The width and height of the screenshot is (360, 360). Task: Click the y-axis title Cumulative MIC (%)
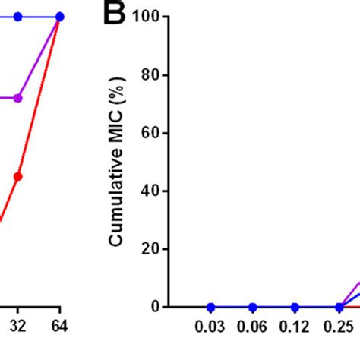[115, 162]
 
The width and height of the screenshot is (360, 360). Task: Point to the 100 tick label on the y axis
[150, 17]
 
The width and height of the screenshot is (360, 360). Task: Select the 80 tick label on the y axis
[154, 75]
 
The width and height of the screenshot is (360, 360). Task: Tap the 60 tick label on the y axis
[154, 133]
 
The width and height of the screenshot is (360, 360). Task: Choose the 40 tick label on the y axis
[154, 191]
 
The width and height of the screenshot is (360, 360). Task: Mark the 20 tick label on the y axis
[154, 249]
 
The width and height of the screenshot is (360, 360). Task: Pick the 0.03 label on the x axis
[210, 332]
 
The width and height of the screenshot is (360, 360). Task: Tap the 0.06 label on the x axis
[253, 332]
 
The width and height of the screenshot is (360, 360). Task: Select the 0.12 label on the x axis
[295, 332]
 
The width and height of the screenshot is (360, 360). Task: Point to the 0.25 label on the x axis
[338, 332]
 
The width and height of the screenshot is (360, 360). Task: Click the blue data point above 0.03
[210, 307]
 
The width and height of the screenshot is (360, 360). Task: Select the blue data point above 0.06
[253, 307]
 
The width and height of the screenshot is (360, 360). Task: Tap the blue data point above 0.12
[295, 307]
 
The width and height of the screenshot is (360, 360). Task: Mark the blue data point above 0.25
[338, 307]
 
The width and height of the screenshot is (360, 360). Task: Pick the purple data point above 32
[18, 98]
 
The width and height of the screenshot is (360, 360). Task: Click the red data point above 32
[18, 176]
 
